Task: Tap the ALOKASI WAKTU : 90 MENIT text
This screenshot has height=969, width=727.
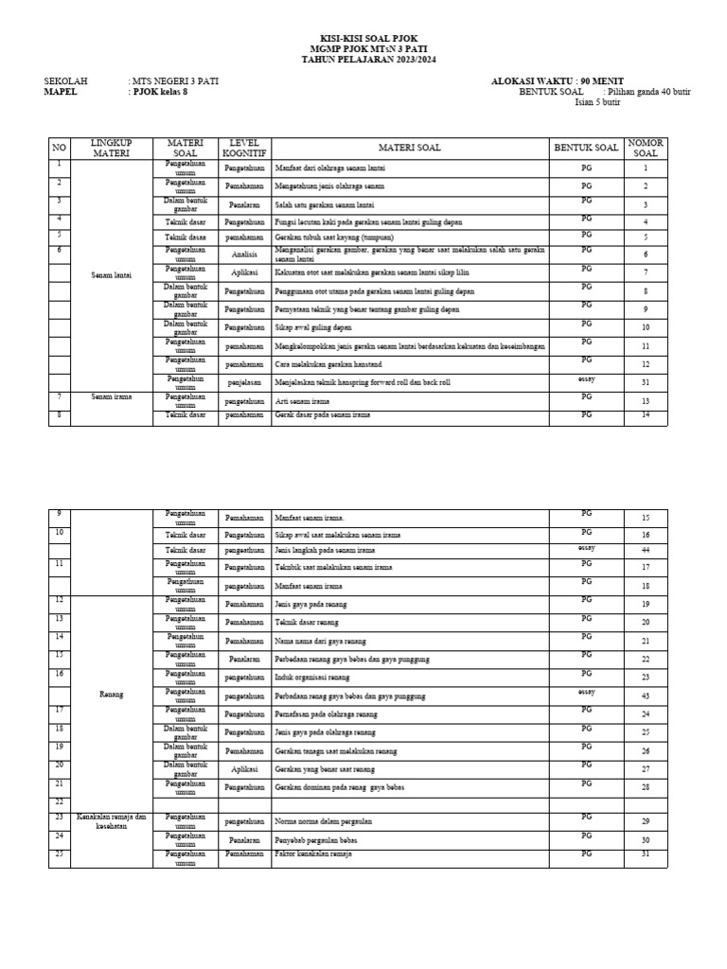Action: pos(557,81)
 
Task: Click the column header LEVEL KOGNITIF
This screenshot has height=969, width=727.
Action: pos(244,148)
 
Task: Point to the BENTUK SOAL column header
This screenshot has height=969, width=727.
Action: pos(586,148)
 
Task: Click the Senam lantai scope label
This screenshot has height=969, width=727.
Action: pos(112,274)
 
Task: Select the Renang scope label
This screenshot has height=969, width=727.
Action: pos(112,694)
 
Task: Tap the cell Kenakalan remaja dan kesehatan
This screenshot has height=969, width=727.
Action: pos(112,821)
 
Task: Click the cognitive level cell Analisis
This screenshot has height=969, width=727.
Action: pos(244,255)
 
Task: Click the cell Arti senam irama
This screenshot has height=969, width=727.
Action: pos(308,401)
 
